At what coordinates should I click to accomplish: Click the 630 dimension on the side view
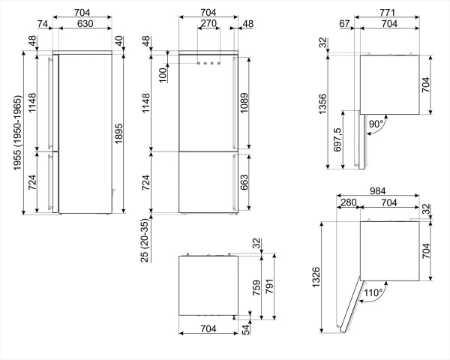tap(83, 24)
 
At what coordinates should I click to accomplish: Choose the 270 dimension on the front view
tap(209, 24)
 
